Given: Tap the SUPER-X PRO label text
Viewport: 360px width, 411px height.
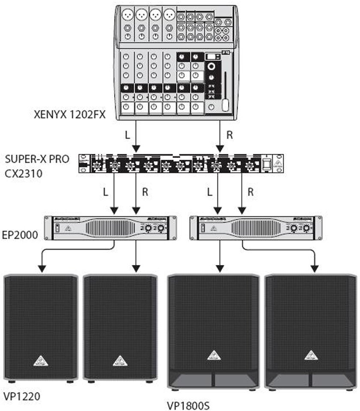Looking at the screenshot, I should point(37,159).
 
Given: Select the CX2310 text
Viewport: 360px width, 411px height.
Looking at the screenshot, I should point(23,173).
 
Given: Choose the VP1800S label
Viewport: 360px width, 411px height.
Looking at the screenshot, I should point(189,405).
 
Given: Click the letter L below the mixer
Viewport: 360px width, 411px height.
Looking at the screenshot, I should point(127,135).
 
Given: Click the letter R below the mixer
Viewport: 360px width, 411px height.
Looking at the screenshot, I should point(229,135).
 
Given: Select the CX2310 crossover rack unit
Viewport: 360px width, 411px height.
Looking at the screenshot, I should point(181,163).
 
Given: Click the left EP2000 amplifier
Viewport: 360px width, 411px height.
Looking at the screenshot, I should point(111,228).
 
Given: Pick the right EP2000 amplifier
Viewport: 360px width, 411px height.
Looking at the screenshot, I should point(256,228).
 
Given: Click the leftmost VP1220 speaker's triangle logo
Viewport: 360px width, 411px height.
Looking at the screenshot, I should point(40,361).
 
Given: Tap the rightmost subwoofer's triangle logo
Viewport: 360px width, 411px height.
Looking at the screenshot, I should point(311,355).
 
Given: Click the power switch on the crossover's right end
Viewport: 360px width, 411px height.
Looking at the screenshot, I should point(267,163).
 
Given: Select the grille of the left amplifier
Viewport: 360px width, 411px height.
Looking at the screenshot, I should point(110,228).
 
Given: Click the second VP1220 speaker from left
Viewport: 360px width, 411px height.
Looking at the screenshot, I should point(120,328).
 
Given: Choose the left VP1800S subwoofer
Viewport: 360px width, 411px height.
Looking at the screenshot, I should point(214,332).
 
